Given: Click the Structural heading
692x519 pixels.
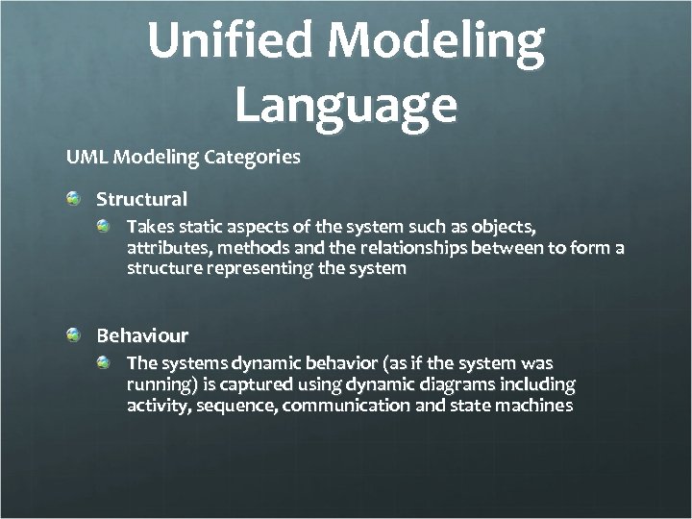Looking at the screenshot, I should click(141, 200).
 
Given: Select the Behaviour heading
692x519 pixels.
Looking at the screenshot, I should click(142, 335).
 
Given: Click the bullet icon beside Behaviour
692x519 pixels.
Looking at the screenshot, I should click(74, 334).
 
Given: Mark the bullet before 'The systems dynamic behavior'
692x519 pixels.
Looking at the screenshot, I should click(105, 361).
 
